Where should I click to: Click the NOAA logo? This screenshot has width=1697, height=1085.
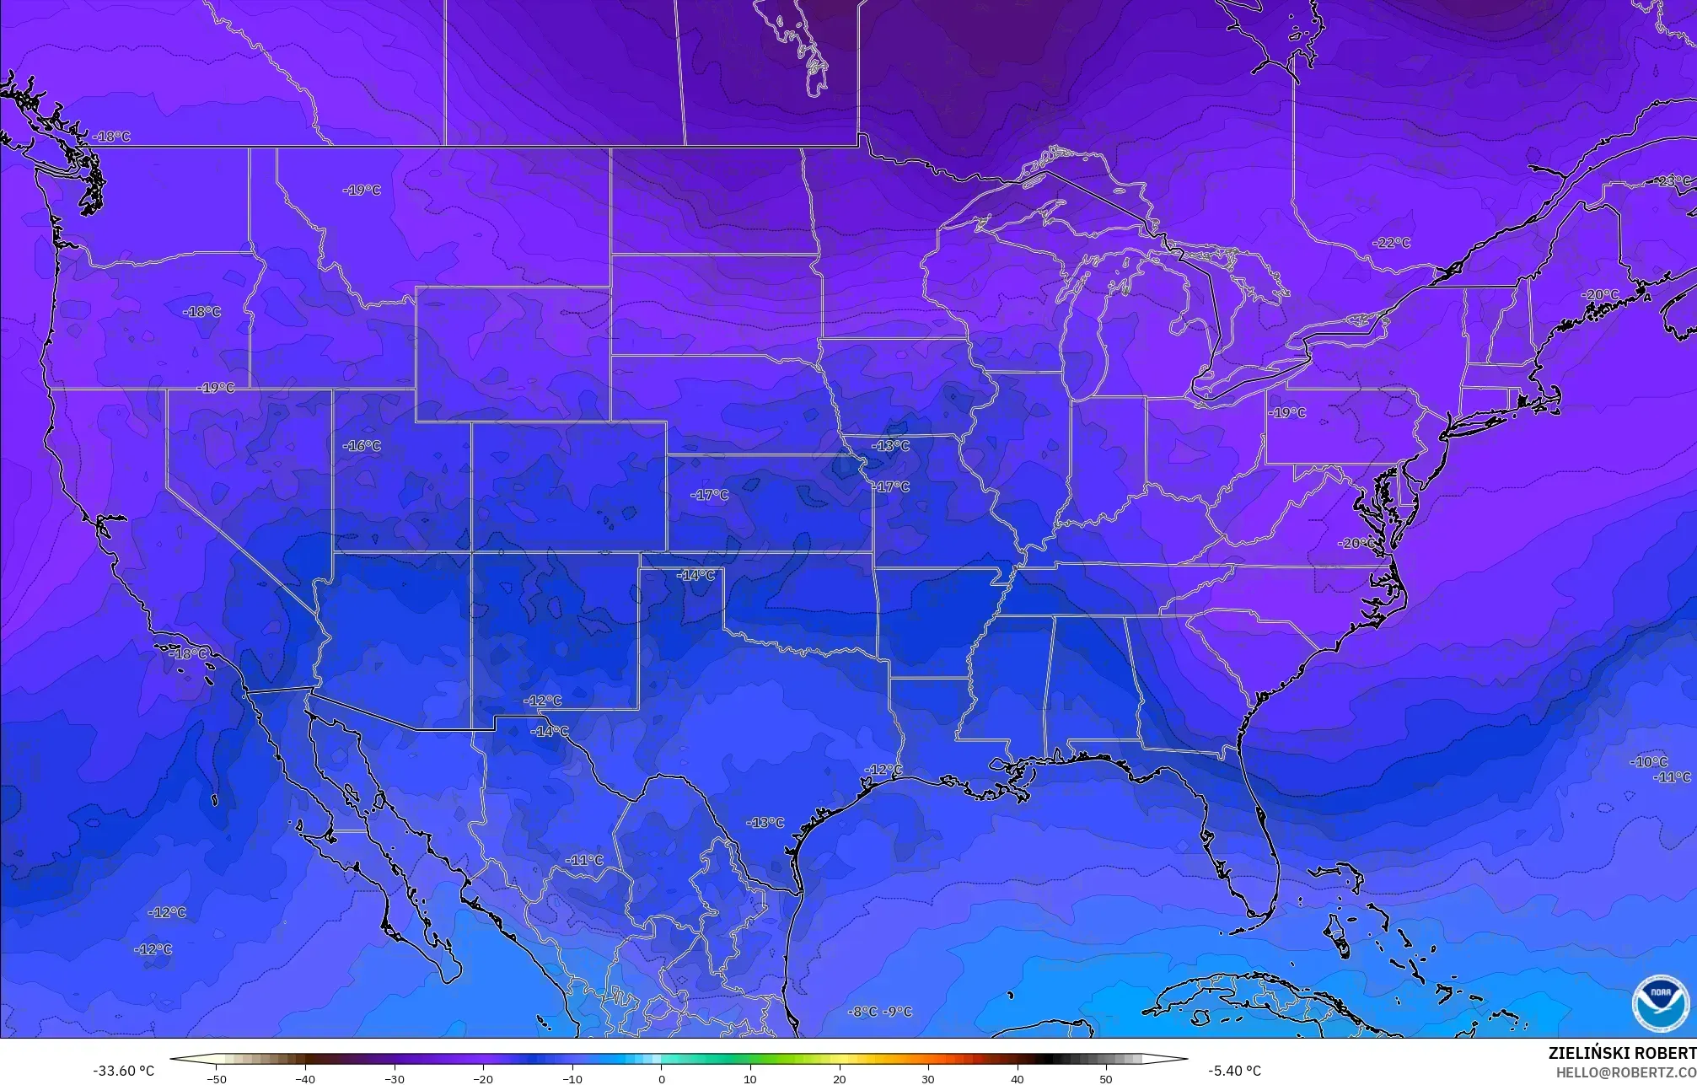[1660, 1002]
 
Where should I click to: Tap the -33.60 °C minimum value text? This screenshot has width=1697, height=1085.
[123, 1071]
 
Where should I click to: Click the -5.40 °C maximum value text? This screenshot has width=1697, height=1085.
[1234, 1071]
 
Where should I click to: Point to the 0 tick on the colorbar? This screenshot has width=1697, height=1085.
[661, 1078]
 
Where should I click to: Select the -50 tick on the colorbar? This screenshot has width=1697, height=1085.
[217, 1078]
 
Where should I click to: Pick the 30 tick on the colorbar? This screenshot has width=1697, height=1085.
[928, 1078]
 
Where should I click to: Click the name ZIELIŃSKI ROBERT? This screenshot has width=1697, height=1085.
[1621, 1053]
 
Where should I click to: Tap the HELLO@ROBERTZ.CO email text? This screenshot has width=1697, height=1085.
[1625, 1072]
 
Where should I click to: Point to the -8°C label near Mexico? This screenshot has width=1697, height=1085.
[862, 1012]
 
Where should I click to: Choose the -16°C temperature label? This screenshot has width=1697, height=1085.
[362, 446]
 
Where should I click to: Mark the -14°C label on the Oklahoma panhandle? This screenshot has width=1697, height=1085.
[696, 575]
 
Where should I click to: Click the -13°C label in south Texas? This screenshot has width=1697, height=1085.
[765, 822]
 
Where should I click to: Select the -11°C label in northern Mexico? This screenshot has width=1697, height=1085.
[584, 861]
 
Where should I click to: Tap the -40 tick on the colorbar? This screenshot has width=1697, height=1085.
[305, 1078]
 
